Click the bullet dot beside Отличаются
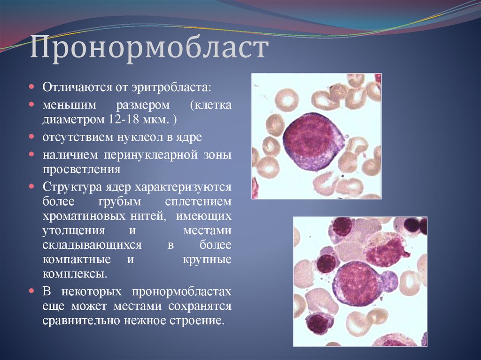click(x=31, y=87)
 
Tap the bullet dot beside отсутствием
click(x=31, y=137)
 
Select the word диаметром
click(x=68, y=119)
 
